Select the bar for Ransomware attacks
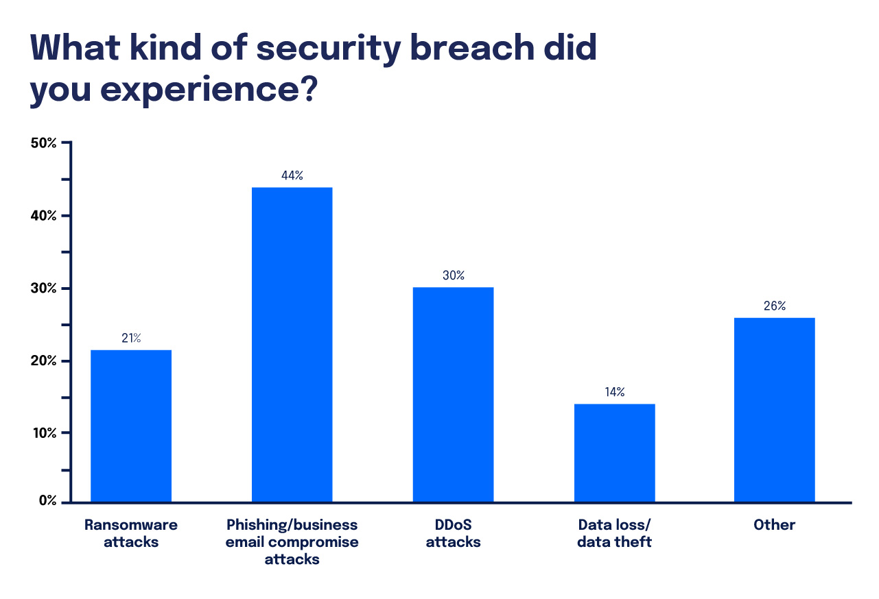tap(131, 426)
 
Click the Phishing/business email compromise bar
tap(292, 344)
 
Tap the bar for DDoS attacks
tap(453, 394)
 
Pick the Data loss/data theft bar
tap(615, 452)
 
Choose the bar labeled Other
tap(775, 409)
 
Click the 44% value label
tap(292, 175)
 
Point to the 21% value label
tap(131, 338)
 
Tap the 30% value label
tap(453, 276)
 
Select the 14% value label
tap(615, 392)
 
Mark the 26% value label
tap(775, 306)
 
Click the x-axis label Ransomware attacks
tap(131, 533)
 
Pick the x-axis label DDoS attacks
tap(453, 533)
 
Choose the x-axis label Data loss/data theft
tap(615, 533)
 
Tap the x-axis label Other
tap(775, 525)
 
